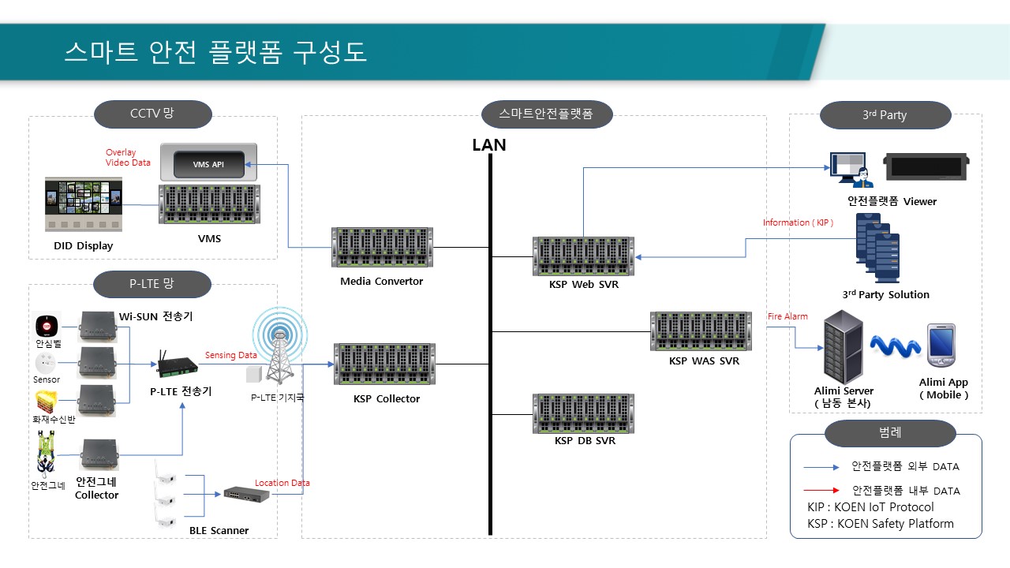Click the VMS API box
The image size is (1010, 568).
click(x=208, y=164)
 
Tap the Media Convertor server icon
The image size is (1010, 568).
click(x=382, y=248)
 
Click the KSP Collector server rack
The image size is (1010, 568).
click(x=384, y=364)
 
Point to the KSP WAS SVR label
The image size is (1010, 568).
click(x=704, y=361)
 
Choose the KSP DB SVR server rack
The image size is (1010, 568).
click(x=584, y=413)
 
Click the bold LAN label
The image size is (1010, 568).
click(x=489, y=145)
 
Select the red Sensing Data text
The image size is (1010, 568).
click(x=231, y=355)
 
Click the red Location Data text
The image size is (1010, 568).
click(x=282, y=483)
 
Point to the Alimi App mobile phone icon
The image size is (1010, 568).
click(x=941, y=346)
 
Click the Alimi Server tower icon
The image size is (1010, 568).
click(x=843, y=346)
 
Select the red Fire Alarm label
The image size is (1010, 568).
click(x=787, y=316)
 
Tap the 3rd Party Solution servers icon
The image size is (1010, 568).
click(x=877, y=248)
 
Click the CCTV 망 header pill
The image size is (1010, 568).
click(x=153, y=114)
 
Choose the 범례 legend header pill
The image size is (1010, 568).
click(x=890, y=433)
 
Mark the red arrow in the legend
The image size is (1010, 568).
click(x=821, y=490)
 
